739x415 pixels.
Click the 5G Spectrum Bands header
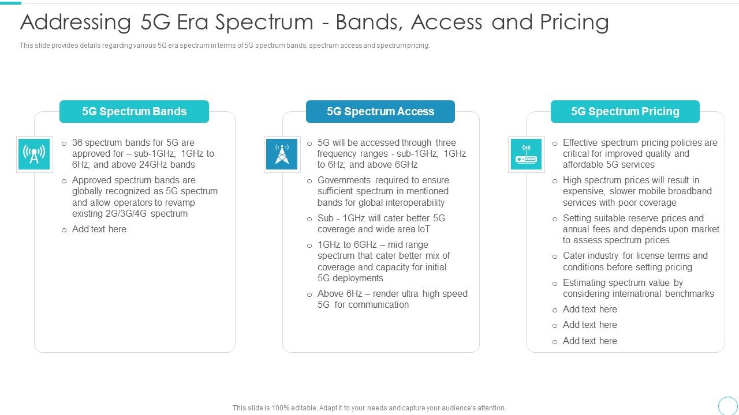click(x=134, y=111)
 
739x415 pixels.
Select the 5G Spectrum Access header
click(x=380, y=111)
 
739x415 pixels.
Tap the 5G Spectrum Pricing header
click(x=625, y=111)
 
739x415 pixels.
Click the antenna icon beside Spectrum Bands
click(x=34, y=154)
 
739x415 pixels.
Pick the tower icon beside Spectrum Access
click(x=282, y=154)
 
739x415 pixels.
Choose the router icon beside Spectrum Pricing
click(x=526, y=154)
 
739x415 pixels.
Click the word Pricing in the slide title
click(x=574, y=22)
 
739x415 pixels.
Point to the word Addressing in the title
click(x=76, y=22)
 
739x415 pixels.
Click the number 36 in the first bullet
click(x=77, y=142)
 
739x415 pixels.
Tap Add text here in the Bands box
click(x=99, y=229)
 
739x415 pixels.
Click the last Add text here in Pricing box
click(x=589, y=341)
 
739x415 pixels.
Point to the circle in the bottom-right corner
click(x=728, y=405)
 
